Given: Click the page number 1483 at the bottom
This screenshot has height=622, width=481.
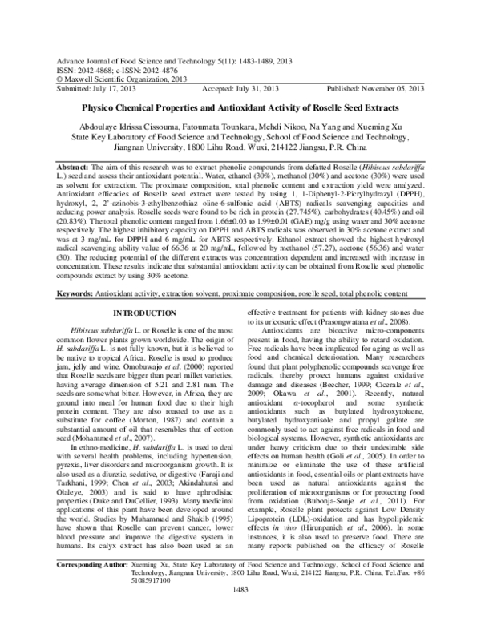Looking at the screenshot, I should click(x=240, y=612).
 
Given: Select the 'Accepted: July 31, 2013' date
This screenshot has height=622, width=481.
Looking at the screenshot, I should click(x=240, y=90).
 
